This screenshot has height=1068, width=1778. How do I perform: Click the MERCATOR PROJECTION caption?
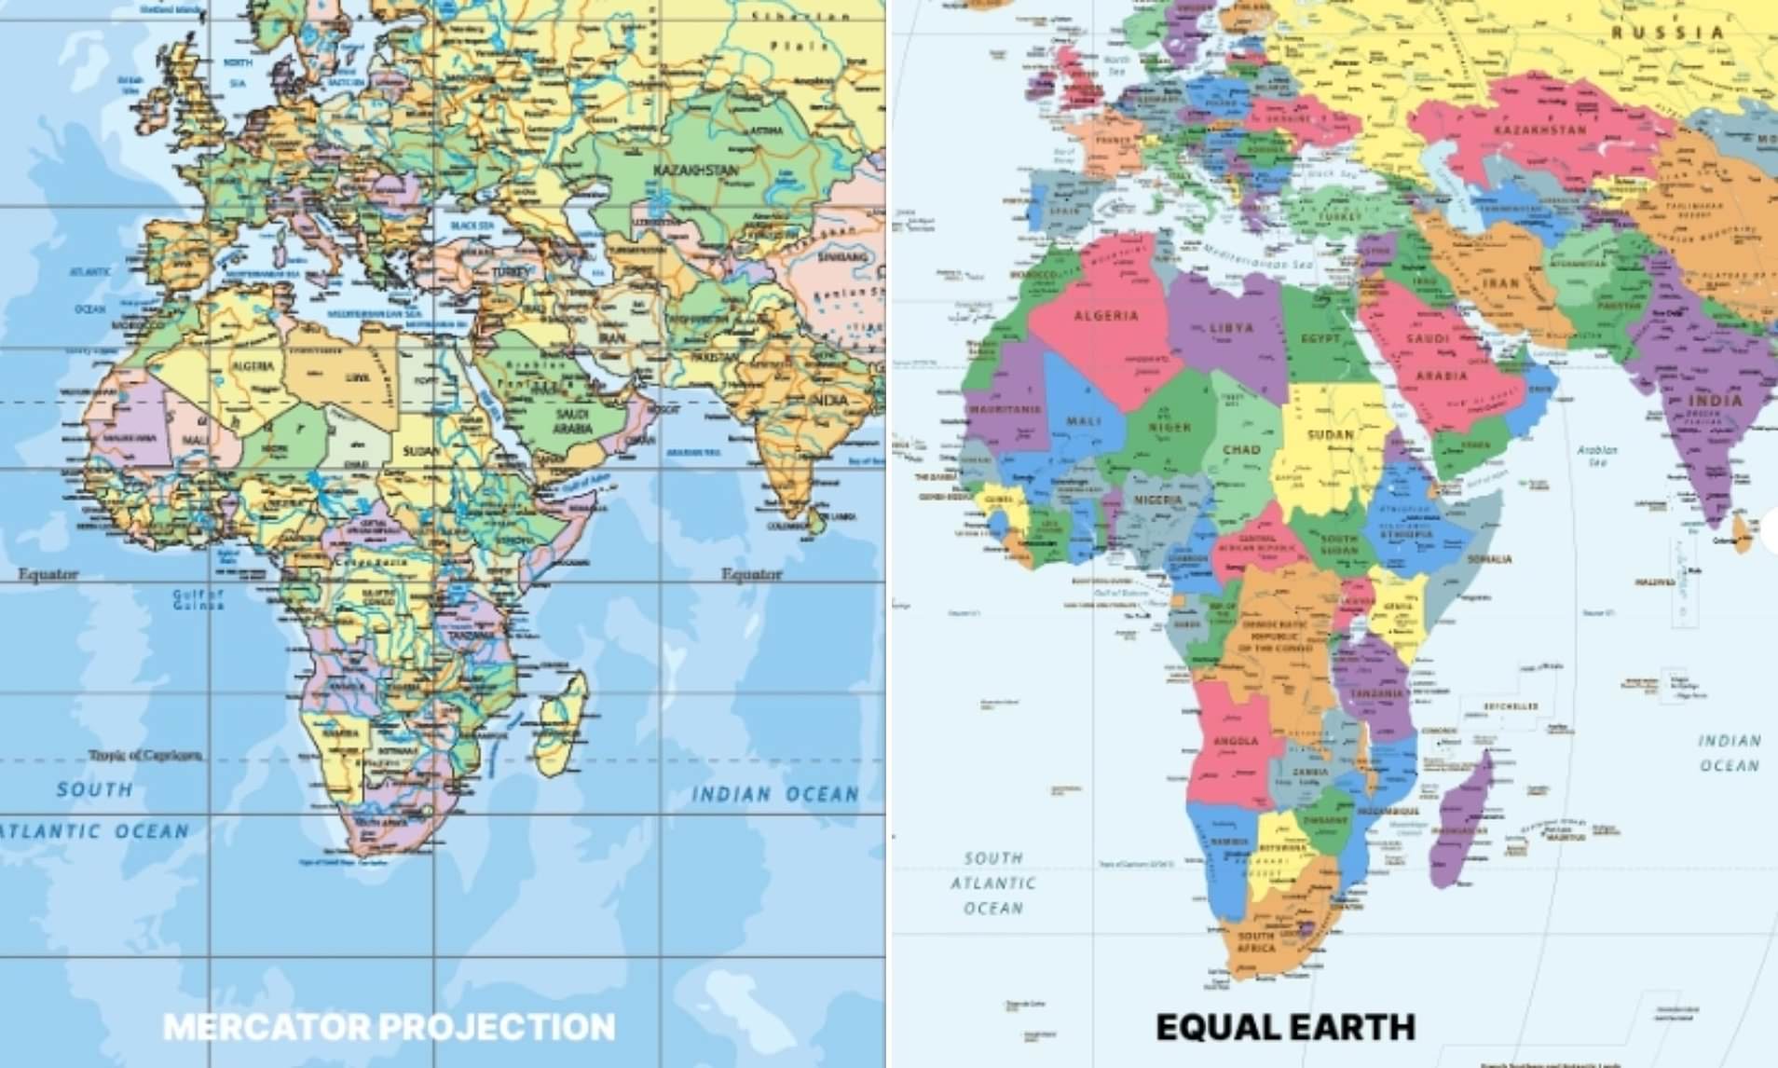coord(390,1026)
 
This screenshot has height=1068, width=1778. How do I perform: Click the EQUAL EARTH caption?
coord(1285,1027)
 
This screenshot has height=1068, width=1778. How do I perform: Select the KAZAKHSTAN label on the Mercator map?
coord(695,171)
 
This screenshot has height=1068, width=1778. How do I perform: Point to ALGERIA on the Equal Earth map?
coord(1106,316)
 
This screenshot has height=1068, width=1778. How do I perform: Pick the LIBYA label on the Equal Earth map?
coord(1232,328)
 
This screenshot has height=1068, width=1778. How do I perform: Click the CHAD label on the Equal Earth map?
coord(1241,449)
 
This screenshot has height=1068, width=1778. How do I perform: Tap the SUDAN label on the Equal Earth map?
coord(1331,434)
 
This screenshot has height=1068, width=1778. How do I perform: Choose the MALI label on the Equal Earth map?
coord(1084,421)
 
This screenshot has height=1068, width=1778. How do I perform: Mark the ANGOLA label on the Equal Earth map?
coord(1236,742)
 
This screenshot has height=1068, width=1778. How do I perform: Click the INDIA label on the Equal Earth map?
coord(1715,401)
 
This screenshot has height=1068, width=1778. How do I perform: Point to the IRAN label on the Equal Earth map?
coord(1501,283)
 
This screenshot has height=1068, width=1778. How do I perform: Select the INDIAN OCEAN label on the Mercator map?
coord(774,794)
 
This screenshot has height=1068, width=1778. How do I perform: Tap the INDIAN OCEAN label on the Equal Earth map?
coord(1730,753)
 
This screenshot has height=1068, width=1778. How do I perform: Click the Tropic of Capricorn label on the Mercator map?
coord(145,755)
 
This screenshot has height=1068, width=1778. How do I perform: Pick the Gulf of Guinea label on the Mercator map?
coord(198,599)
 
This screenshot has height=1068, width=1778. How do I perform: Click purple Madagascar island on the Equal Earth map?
coord(1460,817)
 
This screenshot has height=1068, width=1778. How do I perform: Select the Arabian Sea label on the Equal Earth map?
coord(1597,455)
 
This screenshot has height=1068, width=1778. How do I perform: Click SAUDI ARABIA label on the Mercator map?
coord(573,421)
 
